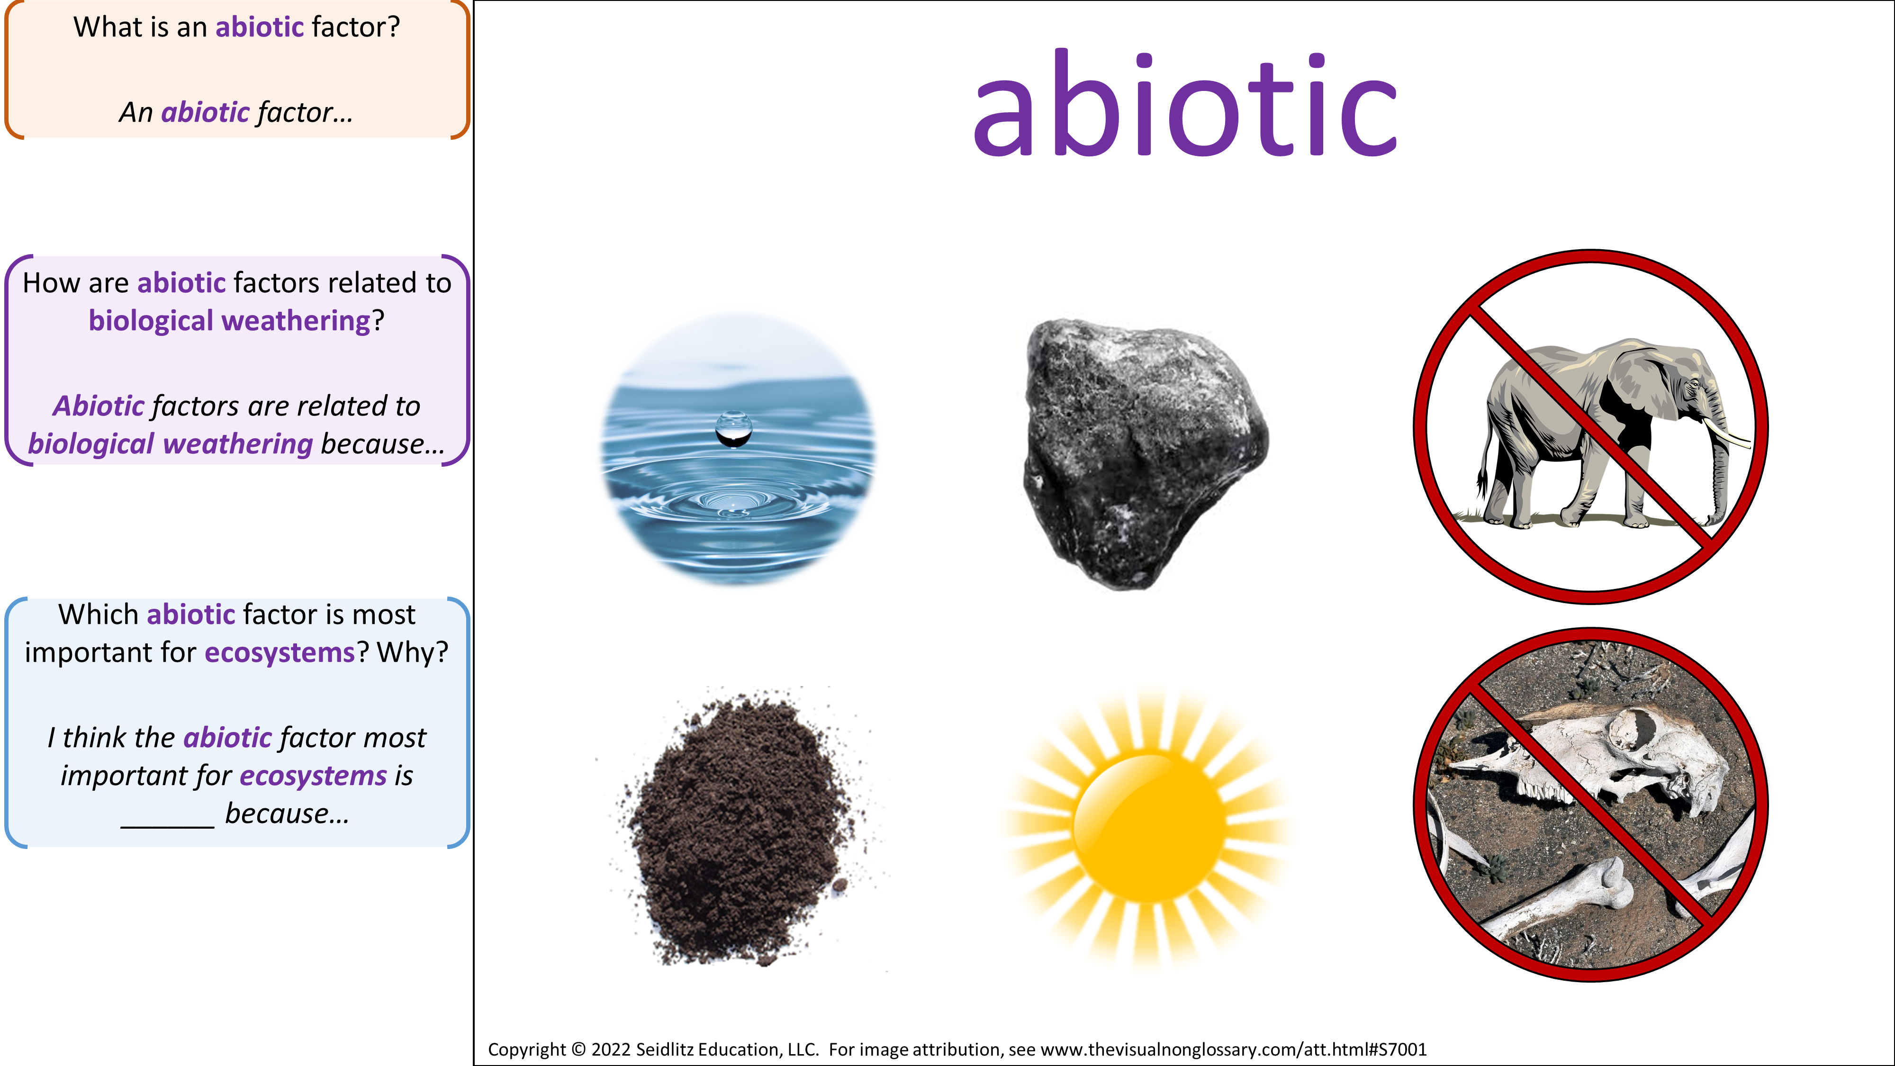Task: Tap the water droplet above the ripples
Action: [733, 429]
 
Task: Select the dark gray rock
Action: [1145, 453]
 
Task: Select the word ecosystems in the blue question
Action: [280, 652]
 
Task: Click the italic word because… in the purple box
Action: [382, 444]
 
